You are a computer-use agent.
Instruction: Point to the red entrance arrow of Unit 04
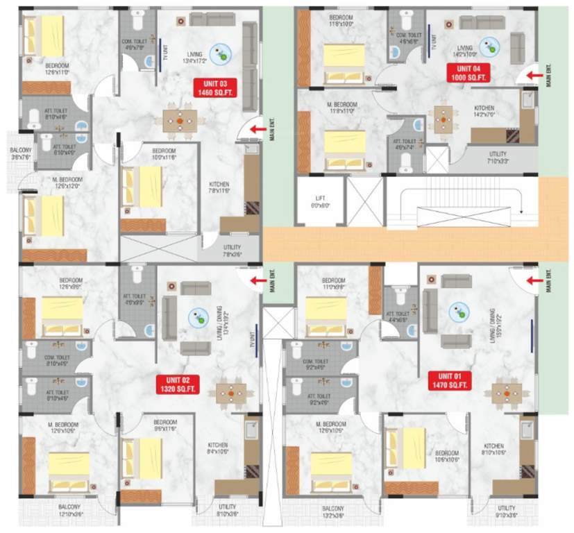[534, 75]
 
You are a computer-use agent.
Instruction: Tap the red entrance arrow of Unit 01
[534, 280]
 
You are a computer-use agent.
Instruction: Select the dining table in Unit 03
[180, 121]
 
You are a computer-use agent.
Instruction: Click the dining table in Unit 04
[444, 119]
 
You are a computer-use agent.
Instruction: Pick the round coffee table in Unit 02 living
[200, 319]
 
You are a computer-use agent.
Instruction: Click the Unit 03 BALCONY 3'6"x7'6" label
[19, 153]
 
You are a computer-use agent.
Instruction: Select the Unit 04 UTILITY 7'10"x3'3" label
[497, 158]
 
